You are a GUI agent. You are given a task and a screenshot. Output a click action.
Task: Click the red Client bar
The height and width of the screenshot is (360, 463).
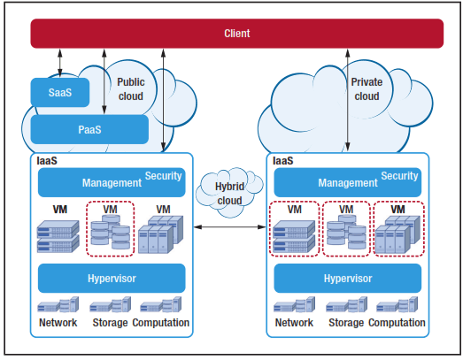(237, 34)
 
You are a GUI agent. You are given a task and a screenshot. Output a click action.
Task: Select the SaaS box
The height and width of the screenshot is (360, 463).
(60, 92)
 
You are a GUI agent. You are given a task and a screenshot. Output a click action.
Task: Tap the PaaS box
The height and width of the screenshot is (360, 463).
(89, 129)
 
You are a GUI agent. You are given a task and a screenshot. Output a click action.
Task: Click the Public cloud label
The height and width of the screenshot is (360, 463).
(131, 88)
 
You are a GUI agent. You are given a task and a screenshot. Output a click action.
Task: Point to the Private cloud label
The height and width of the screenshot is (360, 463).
(367, 88)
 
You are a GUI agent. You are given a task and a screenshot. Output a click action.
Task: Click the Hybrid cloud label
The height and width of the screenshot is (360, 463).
(229, 194)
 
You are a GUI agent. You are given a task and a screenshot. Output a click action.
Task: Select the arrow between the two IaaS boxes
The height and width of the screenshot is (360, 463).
(229, 226)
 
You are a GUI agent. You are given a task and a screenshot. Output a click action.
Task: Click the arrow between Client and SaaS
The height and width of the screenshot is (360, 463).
(60, 63)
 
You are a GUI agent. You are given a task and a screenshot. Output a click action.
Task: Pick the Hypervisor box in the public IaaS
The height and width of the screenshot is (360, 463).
(112, 279)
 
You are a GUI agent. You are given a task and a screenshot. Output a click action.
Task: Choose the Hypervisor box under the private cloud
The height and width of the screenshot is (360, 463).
(348, 279)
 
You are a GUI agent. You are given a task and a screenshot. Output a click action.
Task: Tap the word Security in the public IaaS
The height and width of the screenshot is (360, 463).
(163, 176)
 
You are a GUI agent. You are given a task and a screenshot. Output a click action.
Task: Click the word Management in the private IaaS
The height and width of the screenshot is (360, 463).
(348, 183)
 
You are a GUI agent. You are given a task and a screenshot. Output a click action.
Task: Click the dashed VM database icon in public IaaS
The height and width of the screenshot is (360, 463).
(110, 229)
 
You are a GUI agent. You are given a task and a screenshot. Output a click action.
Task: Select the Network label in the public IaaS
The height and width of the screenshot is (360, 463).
(58, 323)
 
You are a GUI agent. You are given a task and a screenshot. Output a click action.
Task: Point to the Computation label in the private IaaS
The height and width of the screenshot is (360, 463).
(397, 323)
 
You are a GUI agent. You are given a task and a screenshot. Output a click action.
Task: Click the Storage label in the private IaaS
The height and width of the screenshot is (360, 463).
(346, 323)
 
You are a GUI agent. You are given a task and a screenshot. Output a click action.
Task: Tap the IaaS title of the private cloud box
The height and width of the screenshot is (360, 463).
(283, 161)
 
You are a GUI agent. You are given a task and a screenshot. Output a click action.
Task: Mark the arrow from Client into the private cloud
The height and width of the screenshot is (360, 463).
(348, 100)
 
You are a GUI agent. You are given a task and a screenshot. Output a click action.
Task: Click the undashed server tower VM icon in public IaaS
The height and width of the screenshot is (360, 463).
(160, 234)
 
